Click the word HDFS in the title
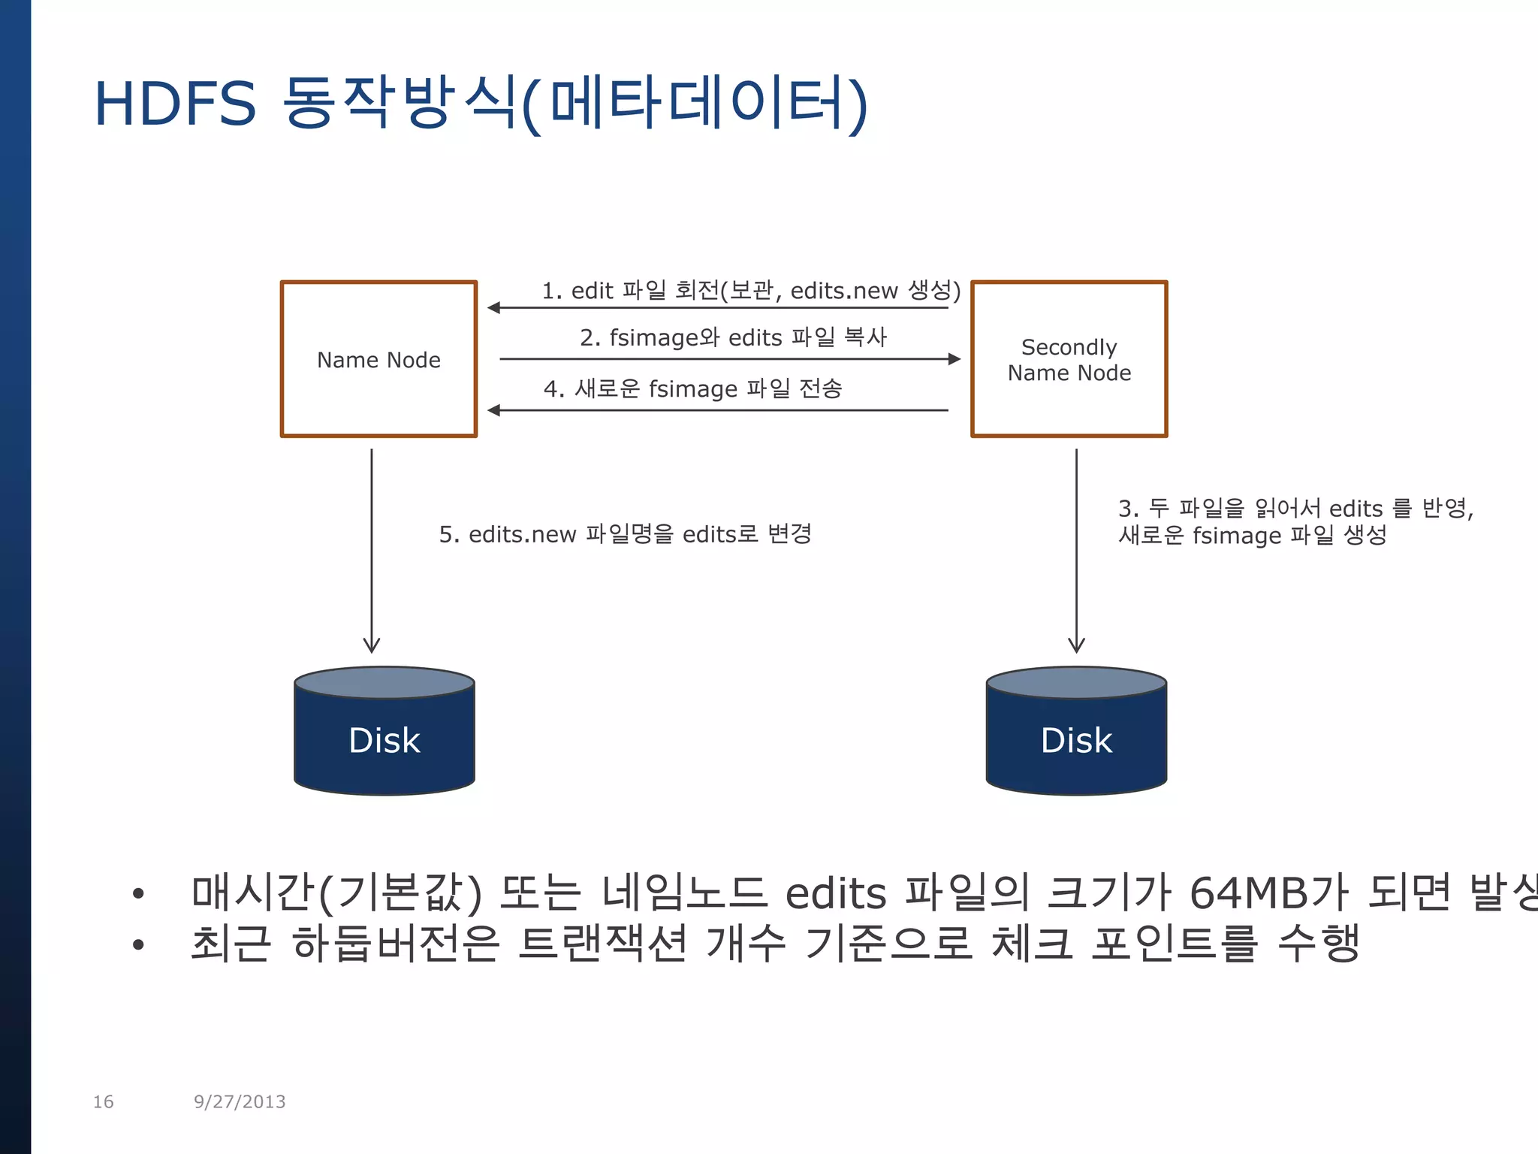pos(175,104)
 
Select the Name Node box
pos(378,359)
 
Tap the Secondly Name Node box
pos(1069,359)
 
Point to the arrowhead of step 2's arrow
pos(954,359)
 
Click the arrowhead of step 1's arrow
pos(494,307)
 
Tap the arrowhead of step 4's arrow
pos(494,410)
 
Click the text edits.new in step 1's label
pos(844,291)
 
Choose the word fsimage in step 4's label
pos(693,389)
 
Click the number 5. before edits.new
pos(449,535)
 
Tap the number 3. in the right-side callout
pos(1129,509)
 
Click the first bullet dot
pos(137,893)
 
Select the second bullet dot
pos(137,944)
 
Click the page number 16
pos(103,1101)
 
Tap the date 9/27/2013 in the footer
pos(240,1101)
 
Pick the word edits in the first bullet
pos(836,893)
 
